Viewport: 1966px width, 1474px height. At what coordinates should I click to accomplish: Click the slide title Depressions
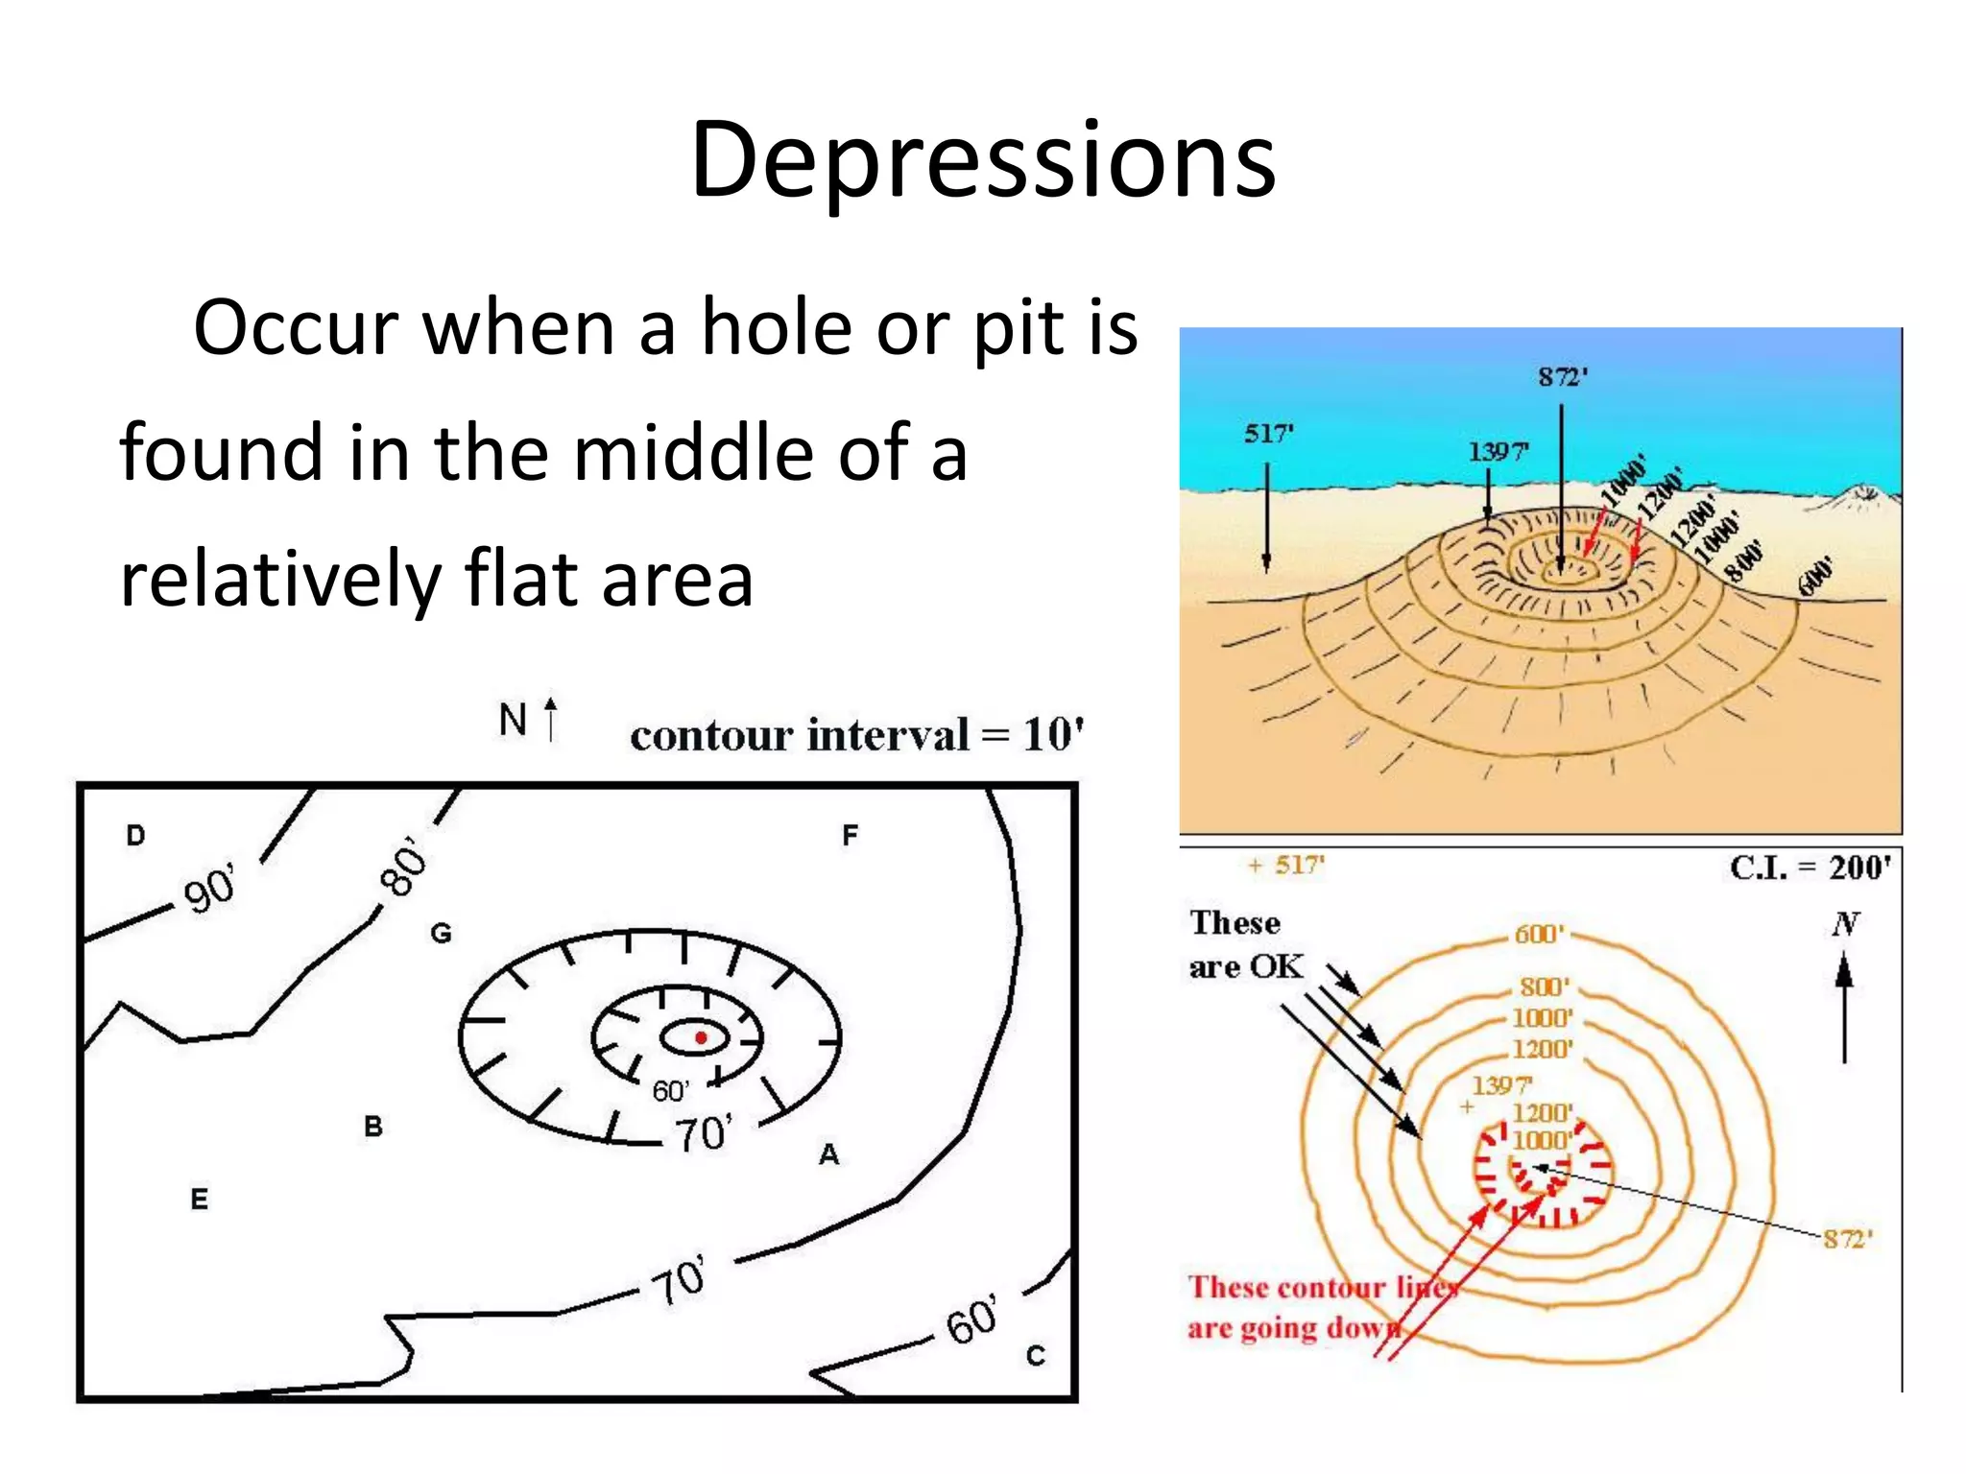983,159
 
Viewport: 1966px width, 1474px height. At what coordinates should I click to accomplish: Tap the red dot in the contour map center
701,1037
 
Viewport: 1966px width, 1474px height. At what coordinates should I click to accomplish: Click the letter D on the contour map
135,835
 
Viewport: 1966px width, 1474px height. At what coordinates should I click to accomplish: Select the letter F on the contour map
850,835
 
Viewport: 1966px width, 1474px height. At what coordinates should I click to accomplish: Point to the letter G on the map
441,933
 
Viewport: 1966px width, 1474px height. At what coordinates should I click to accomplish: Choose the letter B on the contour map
373,1126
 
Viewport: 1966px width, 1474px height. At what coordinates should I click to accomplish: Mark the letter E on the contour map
199,1199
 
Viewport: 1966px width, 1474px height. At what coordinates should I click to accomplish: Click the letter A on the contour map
828,1154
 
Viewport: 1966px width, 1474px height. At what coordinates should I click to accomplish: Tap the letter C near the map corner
1035,1355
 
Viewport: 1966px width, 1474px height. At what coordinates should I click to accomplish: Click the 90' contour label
209,889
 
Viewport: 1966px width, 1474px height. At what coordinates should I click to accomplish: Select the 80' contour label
403,867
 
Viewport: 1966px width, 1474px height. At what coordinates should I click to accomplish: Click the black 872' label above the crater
1563,376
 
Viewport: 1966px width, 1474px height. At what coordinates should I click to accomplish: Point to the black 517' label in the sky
1269,434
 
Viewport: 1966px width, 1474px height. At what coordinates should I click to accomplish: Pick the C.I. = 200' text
1810,868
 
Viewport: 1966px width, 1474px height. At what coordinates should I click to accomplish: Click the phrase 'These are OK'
1245,944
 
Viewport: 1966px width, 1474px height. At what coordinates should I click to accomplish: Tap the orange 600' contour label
1539,934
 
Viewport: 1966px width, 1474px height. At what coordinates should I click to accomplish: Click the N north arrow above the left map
528,720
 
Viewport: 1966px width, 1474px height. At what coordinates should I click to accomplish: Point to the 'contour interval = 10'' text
857,736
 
